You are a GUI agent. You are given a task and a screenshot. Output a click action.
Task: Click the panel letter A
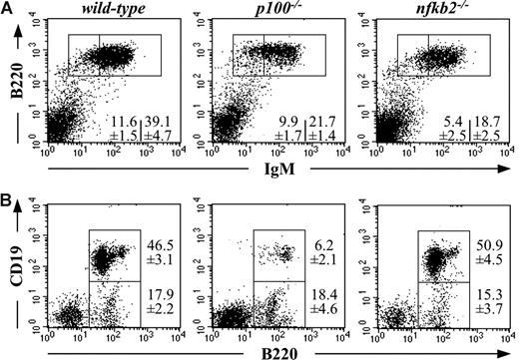coord(8,9)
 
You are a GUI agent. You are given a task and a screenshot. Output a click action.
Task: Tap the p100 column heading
coord(267,9)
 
